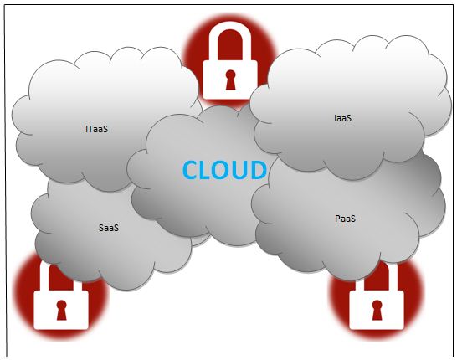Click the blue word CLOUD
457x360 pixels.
click(224, 170)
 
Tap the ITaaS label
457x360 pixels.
click(97, 129)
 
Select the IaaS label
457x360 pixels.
click(343, 118)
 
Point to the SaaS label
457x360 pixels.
click(109, 228)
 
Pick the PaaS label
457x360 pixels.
click(345, 219)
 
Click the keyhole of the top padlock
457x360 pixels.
click(230, 80)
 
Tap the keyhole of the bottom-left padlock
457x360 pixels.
click(61, 310)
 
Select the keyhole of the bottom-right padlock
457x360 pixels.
click(377, 310)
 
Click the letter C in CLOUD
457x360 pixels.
click(191, 170)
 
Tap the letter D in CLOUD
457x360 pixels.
click(259, 170)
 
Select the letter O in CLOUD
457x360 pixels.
click(223, 170)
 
